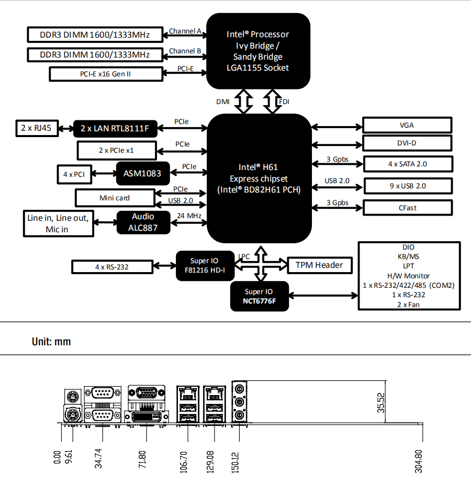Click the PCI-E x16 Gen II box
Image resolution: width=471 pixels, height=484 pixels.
[x=105, y=74]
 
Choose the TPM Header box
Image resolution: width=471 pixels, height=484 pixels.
[x=319, y=265]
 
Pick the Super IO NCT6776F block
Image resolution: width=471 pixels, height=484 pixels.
[x=259, y=296]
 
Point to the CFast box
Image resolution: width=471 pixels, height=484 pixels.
[x=407, y=208]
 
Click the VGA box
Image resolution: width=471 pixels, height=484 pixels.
[x=407, y=125]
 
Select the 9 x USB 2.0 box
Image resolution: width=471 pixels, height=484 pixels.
[x=407, y=186]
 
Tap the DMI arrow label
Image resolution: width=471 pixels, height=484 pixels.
[x=222, y=102]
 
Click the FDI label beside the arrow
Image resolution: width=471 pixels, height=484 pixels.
[x=284, y=102]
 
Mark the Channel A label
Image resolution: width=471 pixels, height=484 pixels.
[x=185, y=31]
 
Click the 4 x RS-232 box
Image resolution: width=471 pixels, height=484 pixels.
[x=112, y=267]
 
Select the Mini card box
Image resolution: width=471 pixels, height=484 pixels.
[x=115, y=198]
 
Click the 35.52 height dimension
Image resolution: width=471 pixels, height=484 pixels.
[x=380, y=402]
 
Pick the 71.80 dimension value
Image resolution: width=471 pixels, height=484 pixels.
[x=142, y=459]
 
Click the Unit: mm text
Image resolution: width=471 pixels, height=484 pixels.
[x=51, y=342]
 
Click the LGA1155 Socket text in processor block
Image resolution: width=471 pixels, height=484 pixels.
[x=259, y=68]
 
